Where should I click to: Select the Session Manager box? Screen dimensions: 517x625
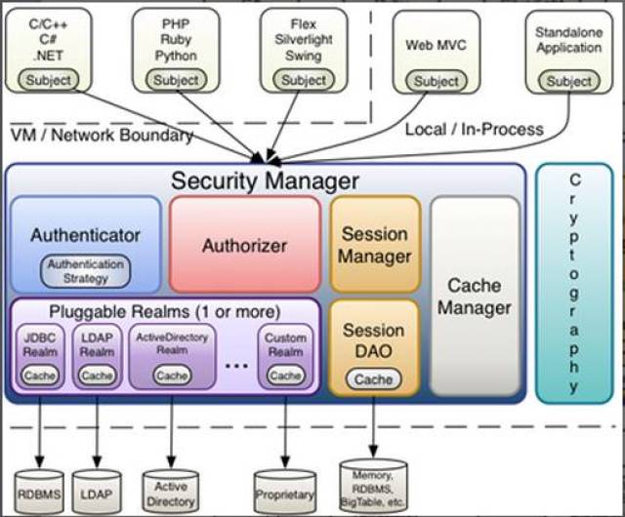tap(375, 245)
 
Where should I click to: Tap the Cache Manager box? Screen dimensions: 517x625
tap(474, 296)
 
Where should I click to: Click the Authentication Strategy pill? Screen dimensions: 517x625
tap(86, 270)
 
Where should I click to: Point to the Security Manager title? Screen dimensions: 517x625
tap(265, 180)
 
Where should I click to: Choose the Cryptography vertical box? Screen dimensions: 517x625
tap(573, 283)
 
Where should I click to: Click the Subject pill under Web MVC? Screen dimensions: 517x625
tap(436, 81)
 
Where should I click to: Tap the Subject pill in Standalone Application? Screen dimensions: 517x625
tap(568, 81)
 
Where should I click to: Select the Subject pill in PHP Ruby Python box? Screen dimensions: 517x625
tap(176, 80)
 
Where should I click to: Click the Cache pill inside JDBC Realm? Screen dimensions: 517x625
tap(40, 375)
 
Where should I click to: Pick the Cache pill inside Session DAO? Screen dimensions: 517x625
tap(374, 378)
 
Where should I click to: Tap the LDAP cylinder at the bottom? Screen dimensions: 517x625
tap(98, 494)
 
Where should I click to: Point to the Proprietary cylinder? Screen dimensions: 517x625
tap(284, 494)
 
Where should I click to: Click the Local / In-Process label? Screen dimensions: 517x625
tap(475, 128)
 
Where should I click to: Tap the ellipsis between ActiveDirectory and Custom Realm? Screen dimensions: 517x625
tap(236, 364)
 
